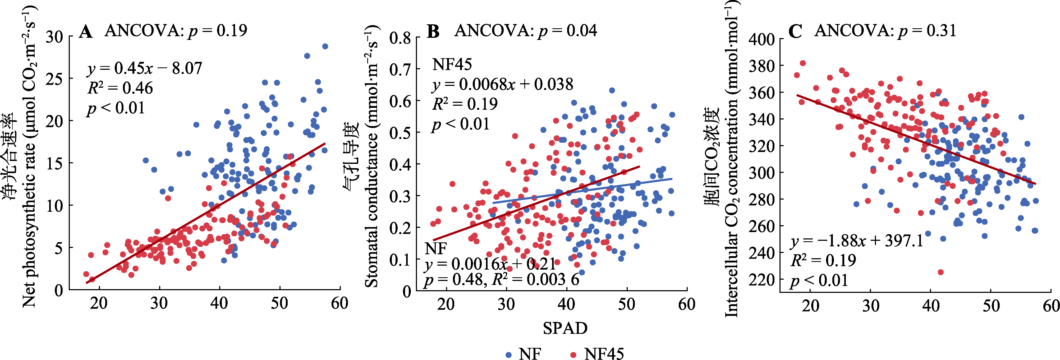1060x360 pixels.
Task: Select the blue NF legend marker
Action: (509, 354)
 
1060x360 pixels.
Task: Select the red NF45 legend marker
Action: (573, 354)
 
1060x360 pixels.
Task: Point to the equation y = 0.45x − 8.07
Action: (144, 68)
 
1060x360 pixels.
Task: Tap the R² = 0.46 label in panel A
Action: (120, 88)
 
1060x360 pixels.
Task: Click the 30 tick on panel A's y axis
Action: (54, 37)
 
